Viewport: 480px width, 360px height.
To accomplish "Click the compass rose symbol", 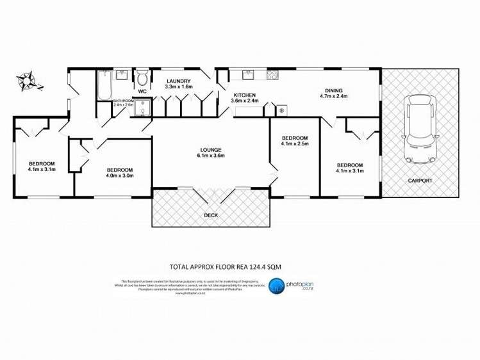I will [28, 81].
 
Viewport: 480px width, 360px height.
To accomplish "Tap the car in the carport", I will [419, 129].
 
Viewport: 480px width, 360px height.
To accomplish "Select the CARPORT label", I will [420, 181].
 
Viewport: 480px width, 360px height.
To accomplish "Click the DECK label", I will [211, 215].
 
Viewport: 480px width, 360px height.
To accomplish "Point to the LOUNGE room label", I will [210, 149].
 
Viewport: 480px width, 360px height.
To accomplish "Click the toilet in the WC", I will [142, 79].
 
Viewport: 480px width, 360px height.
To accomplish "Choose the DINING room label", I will [333, 90].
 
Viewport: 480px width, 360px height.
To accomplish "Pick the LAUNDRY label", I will [179, 81].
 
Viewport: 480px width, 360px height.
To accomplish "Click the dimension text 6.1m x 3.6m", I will [210, 156].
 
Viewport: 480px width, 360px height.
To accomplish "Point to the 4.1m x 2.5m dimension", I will [295, 143].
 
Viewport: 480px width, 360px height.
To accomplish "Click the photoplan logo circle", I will [276, 286].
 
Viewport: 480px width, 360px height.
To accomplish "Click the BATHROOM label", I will [123, 101].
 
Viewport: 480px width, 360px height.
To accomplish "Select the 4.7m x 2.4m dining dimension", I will [333, 97].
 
